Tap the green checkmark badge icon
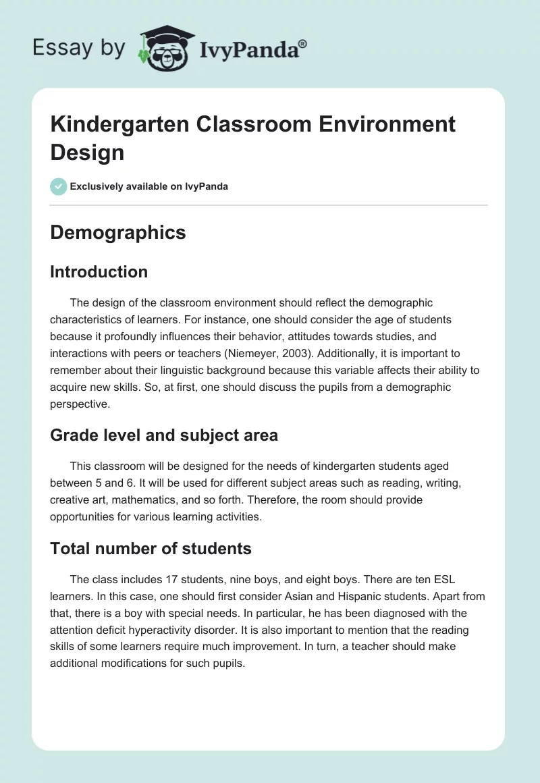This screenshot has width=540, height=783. pos(58,186)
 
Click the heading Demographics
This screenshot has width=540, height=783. pos(118,232)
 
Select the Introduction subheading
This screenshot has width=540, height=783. pos(99,271)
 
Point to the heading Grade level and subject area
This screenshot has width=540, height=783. pos(164,435)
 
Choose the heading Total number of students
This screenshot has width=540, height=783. pos(151,549)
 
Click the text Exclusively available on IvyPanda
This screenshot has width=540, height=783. pos(148,186)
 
